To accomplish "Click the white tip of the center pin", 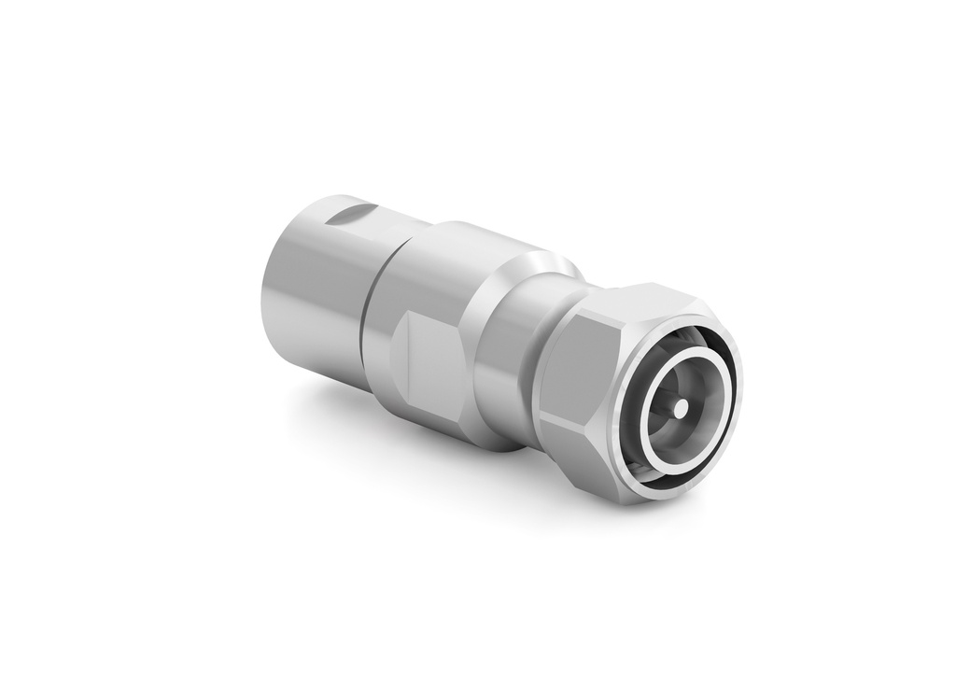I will (681, 407).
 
